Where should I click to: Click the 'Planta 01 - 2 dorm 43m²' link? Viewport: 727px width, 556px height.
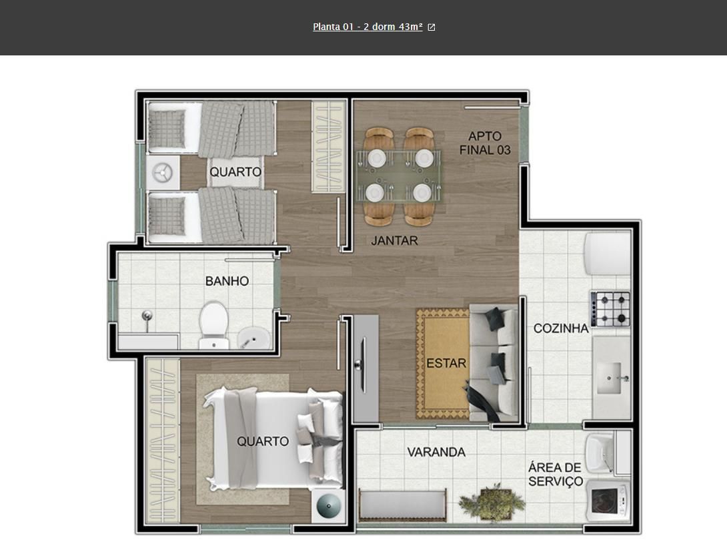pyautogui.click(x=368, y=27)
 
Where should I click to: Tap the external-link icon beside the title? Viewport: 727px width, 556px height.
pyautogui.click(x=431, y=27)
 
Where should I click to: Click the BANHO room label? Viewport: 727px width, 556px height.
pyautogui.click(x=227, y=281)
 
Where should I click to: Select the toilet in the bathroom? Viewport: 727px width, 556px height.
pyautogui.click(x=213, y=325)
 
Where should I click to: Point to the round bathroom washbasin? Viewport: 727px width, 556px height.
pyautogui.click(x=253, y=338)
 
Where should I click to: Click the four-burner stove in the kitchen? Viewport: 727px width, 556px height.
pyautogui.click(x=610, y=308)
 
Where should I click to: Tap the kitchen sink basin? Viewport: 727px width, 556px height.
pyautogui.click(x=609, y=378)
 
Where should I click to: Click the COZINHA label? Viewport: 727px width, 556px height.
pyautogui.click(x=560, y=328)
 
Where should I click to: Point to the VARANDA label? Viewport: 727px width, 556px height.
pyautogui.click(x=436, y=452)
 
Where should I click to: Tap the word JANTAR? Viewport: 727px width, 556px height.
pyautogui.click(x=394, y=240)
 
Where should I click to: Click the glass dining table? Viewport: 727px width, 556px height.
pyautogui.click(x=399, y=176)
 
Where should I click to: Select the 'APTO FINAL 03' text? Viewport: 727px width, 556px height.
pyautogui.click(x=485, y=143)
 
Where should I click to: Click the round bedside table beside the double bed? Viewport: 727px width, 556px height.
pyautogui.click(x=328, y=506)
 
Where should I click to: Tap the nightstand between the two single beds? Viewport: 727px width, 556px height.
pyautogui.click(x=163, y=173)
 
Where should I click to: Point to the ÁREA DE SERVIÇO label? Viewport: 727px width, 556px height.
pyautogui.click(x=556, y=475)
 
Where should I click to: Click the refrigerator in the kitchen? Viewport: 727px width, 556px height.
pyautogui.click(x=608, y=254)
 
